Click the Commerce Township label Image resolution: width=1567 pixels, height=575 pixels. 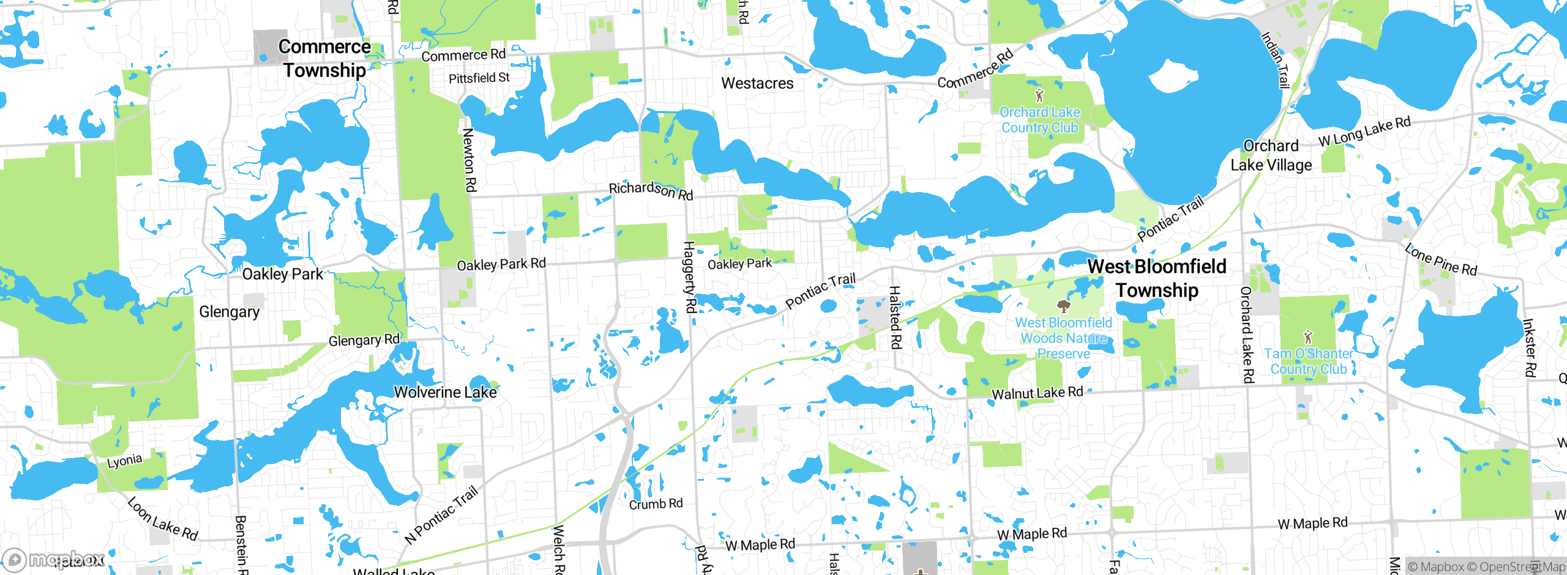(324, 59)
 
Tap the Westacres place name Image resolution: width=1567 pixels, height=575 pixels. (757, 83)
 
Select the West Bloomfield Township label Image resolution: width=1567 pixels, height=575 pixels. (1157, 278)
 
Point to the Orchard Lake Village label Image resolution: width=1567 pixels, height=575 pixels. (1271, 155)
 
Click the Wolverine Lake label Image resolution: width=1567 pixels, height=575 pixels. (445, 392)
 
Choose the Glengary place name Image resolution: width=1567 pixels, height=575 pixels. (230, 312)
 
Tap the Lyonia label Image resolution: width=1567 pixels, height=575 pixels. (125, 461)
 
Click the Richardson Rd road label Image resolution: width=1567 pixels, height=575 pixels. (651, 190)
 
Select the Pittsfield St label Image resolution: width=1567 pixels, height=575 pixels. (479, 78)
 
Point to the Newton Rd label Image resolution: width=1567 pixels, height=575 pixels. (469, 160)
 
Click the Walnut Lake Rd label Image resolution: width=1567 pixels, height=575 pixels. (1037, 393)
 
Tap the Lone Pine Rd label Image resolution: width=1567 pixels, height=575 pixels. (1440, 260)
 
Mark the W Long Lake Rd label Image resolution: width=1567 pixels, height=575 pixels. (1364, 132)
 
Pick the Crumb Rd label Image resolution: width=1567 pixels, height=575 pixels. (656, 504)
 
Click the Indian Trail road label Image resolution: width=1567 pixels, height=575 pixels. (1275, 60)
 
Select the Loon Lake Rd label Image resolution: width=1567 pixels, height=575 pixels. (163, 519)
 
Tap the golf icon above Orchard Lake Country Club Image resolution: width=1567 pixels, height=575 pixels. (1039, 95)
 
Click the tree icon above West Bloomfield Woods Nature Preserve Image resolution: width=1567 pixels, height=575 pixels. (1064, 306)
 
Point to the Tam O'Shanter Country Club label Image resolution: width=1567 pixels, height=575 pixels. (1309, 362)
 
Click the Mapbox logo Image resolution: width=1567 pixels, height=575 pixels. (54, 559)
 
